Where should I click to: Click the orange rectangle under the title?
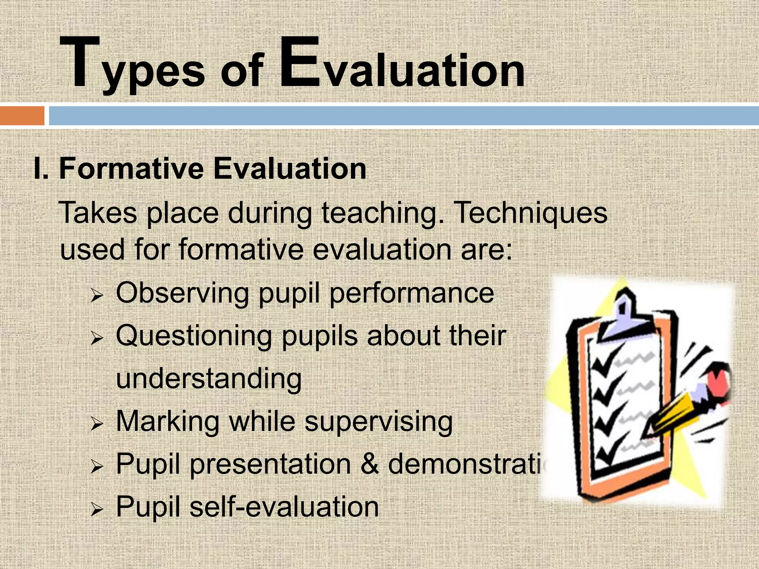tap(22, 116)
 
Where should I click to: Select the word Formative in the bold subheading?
tap(132, 169)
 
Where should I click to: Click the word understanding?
tap(209, 379)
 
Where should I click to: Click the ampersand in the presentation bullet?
tap(369, 464)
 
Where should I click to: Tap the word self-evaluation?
tap(284, 506)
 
